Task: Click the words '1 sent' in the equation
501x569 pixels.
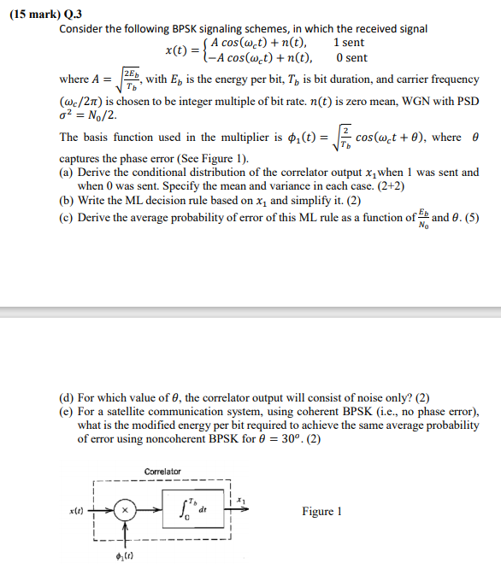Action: [x=349, y=42]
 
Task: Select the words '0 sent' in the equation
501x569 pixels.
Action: [x=351, y=57]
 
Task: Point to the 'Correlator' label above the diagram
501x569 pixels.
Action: [x=162, y=472]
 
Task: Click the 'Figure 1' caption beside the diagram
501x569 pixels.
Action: [x=321, y=511]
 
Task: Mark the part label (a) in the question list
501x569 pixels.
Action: [x=67, y=172]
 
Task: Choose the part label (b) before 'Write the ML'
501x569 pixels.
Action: [x=67, y=201]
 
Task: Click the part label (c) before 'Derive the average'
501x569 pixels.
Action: [x=67, y=217]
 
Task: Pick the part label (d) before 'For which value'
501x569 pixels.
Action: [x=67, y=397]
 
